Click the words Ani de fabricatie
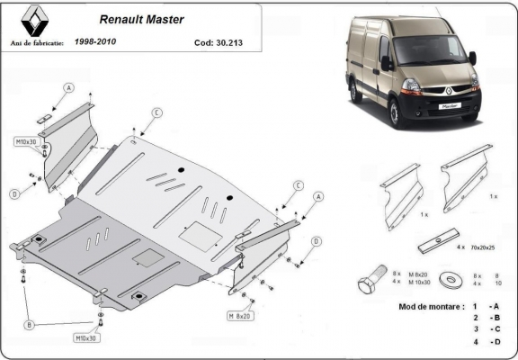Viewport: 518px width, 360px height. click(37, 41)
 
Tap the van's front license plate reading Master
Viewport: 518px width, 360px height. click(449, 106)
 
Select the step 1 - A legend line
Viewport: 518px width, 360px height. click(485, 307)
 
